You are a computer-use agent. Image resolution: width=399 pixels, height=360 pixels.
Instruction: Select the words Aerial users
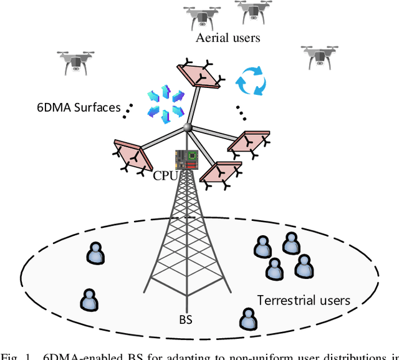pyautogui.click(x=228, y=38)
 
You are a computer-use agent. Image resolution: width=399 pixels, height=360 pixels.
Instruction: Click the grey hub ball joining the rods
pyautogui.click(x=186, y=129)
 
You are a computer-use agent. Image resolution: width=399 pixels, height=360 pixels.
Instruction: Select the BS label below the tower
pyautogui.click(x=185, y=319)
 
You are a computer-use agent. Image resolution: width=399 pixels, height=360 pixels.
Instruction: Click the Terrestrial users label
pyautogui.click(x=304, y=300)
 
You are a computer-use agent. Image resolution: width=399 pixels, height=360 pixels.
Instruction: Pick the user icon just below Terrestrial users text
pyautogui.click(x=247, y=319)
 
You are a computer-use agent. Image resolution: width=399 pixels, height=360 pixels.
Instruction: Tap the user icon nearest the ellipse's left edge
pyautogui.click(x=89, y=299)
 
